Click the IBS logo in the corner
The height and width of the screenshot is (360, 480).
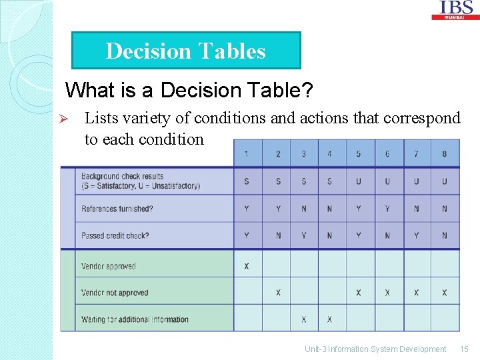[457, 9]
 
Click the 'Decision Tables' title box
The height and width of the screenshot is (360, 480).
[186, 51]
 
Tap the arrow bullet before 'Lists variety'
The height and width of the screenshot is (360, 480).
[57, 119]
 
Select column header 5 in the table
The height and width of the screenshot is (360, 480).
[358, 154]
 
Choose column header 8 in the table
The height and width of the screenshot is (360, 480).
[444, 154]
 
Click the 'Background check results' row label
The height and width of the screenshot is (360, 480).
[140, 181]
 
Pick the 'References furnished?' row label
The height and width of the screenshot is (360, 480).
[117, 209]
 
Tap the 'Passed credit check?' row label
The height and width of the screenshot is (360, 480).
[115, 235]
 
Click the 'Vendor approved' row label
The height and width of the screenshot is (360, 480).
[108, 266]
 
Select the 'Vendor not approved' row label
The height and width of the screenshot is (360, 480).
[115, 293]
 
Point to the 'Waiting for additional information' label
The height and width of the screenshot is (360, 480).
[135, 319]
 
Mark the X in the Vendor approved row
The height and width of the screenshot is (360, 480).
[247, 266]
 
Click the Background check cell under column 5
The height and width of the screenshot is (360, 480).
[358, 181]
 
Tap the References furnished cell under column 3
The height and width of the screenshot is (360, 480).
[304, 209]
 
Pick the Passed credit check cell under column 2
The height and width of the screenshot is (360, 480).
[277, 235]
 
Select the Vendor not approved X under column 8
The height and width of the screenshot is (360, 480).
[444, 293]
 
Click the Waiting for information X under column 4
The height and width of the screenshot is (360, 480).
[329, 319]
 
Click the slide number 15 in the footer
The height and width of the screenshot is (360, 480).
[465, 349]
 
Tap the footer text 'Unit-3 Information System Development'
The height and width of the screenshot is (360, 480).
[375, 349]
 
